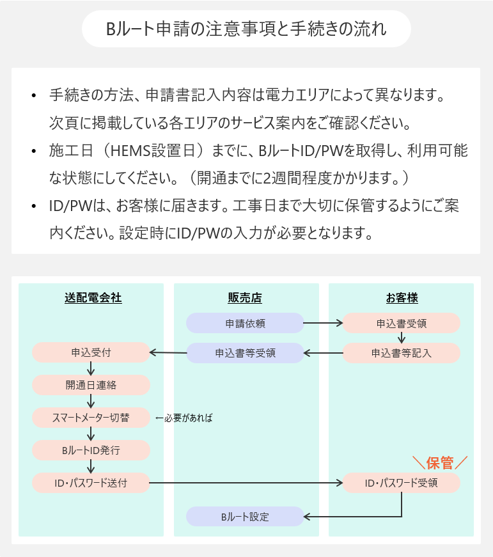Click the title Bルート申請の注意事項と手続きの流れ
pos(246,29)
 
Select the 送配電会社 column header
pos(93,298)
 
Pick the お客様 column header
pos(401,298)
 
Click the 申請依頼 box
pos(245,323)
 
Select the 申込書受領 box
pos(402,323)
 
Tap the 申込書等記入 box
pos(402,352)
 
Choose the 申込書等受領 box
pos(245,352)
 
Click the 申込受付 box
pos(91,352)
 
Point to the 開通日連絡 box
pos(91,385)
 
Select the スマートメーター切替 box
pos(91,418)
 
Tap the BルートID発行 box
pos(91,450)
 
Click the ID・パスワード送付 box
pos(91,483)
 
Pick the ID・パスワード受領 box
pos(402,483)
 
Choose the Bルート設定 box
pos(245,516)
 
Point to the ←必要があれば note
pos(184,418)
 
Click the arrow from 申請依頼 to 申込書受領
pos(323,323)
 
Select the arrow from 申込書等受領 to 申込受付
pos(168,352)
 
